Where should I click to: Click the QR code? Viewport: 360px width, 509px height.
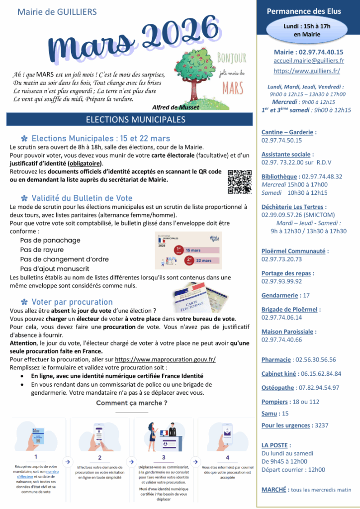pos(237,182)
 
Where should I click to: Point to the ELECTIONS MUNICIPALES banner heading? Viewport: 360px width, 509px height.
pos(129,120)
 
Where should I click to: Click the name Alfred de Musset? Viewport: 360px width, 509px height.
pos(176,107)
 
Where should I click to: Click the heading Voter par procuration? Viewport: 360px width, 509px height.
pos(72,302)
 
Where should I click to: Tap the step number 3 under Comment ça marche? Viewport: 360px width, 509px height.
pos(163,457)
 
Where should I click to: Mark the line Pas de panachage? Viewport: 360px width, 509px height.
pos(50,240)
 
